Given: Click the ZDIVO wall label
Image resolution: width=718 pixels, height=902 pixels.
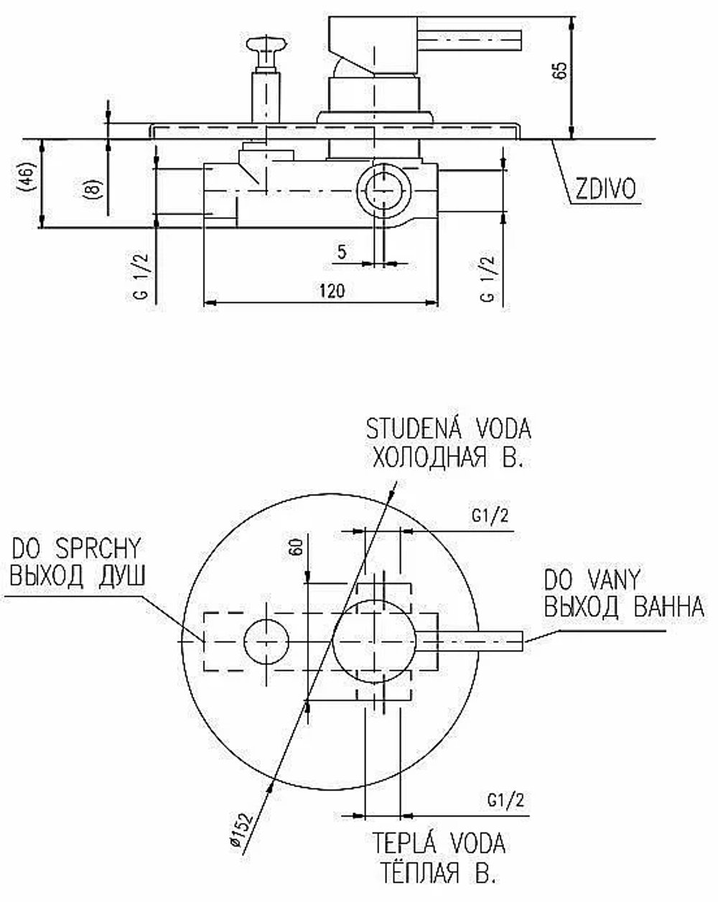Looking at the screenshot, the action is [605, 189].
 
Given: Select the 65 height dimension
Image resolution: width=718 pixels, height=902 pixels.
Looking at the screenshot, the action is [560, 70].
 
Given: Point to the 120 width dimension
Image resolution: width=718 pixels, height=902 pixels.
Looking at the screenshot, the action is [332, 291].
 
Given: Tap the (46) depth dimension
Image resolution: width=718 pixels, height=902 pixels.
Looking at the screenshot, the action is [27, 177].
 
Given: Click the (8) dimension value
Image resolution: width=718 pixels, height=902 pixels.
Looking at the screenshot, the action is [94, 188].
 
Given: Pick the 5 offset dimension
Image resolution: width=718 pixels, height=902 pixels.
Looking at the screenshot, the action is [342, 252].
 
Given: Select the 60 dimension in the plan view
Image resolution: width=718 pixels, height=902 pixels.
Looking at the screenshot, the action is [296, 547].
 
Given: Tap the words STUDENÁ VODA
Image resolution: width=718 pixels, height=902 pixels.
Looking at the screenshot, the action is [448, 429].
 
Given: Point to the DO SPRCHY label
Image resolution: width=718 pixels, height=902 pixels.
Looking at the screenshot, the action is [76, 548].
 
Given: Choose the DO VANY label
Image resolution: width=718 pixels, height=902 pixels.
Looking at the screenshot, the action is [592, 580].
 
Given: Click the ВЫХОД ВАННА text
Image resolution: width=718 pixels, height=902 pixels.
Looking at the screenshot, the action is [624, 606].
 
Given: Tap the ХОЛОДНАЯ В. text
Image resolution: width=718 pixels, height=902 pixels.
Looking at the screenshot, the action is [448, 456].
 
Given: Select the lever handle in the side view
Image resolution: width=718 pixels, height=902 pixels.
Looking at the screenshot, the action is [425, 41].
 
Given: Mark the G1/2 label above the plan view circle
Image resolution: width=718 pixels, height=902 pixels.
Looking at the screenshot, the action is [490, 515].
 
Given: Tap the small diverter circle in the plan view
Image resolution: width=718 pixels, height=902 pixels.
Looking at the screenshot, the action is [266, 642].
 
